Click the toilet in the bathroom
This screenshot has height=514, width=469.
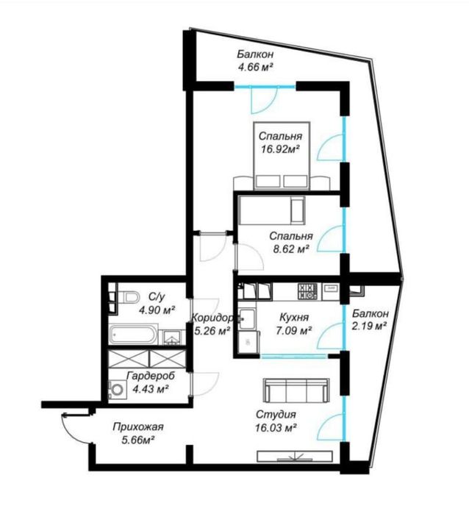129,297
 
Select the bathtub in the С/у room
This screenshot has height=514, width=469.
133,335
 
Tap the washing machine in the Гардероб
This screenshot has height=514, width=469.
117,389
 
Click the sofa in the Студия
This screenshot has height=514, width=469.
296,391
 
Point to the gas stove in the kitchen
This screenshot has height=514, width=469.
307,291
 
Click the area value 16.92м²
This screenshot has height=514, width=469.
281,149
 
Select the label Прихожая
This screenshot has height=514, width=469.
138,426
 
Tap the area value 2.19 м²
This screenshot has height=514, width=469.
369,326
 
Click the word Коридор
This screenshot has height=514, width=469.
212,318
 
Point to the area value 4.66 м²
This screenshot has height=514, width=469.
256,67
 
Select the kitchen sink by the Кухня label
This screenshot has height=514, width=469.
247,318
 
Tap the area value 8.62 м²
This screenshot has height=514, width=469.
291,249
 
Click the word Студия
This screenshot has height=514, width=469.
276,414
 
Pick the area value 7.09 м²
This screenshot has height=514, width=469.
293,331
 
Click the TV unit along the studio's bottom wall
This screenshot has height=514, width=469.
295,457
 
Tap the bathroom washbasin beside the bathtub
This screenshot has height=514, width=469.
171,337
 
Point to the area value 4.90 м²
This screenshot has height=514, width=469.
157,310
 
